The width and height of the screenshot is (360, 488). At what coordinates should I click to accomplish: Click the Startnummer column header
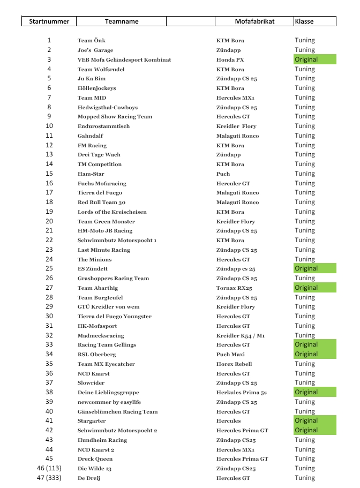pyautogui.click(x=49, y=21)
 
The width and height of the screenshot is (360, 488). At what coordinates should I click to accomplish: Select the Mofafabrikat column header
pyautogui.click(x=254, y=21)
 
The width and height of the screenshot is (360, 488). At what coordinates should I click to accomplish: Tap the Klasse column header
pyautogui.click(x=304, y=21)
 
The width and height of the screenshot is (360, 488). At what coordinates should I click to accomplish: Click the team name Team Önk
pyautogui.click(x=92, y=41)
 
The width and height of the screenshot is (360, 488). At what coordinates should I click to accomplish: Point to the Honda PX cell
pyautogui.click(x=229, y=60)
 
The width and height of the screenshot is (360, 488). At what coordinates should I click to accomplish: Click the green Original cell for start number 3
pyautogui.click(x=314, y=59)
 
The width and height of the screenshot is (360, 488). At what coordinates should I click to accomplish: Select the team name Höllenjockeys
pyautogui.click(x=96, y=88)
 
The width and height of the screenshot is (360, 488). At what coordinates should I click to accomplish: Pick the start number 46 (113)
pyautogui.click(x=49, y=469)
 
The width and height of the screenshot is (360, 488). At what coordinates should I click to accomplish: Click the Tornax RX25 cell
pyautogui.click(x=235, y=288)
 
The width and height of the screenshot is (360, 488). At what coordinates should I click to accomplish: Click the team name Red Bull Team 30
pyautogui.click(x=101, y=202)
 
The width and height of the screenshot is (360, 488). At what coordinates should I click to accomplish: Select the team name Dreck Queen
pyautogui.click(x=95, y=459)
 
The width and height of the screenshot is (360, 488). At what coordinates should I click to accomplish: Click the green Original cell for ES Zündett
pyautogui.click(x=314, y=268)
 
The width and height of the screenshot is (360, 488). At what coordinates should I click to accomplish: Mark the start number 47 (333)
pyautogui.click(x=49, y=478)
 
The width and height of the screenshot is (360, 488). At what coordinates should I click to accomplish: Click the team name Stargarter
pyautogui.click(x=92, y=421)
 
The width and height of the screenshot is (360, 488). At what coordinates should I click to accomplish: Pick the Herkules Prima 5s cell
pyautogui.click(x=242, y=393)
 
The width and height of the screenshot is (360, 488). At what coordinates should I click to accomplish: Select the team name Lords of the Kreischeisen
pyautogui.click(x=112, y=212)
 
